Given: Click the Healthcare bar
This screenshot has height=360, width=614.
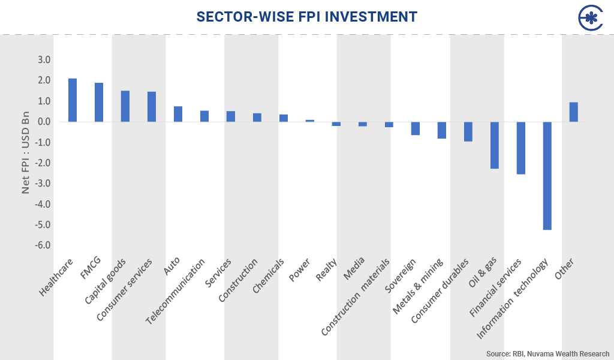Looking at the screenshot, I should click(x=73, y=100).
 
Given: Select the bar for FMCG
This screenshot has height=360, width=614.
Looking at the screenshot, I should click(x=99, y=102).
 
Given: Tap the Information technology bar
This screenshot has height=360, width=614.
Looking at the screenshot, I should click(x=547, y=176).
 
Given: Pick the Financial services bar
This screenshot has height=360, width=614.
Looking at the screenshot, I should click(x=520, y=148).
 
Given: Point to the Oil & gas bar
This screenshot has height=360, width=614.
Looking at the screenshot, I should click(x=494, y=145).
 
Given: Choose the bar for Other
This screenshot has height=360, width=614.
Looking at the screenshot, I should click(x=573, y=112).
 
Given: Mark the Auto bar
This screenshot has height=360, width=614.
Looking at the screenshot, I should click(x=178, y=114).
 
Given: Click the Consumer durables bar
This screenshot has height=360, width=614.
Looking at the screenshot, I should click(x=468, y=131).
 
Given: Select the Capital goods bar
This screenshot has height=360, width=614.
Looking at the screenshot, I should click(x=125, y=106).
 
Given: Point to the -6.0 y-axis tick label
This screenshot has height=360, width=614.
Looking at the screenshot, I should click(x=43, y=245).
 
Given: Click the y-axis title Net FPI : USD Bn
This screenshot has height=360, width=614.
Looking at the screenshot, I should click(x=26, y=152).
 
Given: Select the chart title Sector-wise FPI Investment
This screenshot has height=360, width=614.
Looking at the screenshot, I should click(x=306, y=17).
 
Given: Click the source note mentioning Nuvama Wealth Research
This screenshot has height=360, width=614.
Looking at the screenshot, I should click(x=547, y=353).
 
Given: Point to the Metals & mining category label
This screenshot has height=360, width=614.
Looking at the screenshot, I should click(x=419, y=286).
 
